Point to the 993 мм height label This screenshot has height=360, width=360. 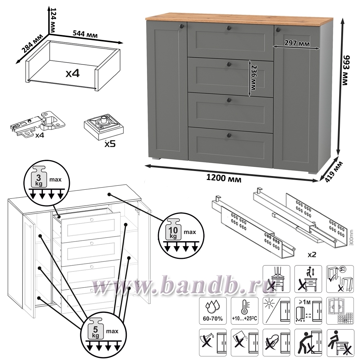345,71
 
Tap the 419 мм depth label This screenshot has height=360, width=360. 334,172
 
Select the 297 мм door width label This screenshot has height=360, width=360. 297,43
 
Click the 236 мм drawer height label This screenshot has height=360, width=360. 254,78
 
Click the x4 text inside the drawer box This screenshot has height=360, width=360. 73,73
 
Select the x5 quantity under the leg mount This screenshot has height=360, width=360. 110,144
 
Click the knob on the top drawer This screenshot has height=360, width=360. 229,28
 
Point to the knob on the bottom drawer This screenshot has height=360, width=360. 229,135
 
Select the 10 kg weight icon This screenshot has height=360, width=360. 173,229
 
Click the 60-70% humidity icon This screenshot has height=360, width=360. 213,311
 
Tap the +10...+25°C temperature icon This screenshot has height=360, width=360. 244,311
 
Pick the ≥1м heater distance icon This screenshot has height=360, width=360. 308,311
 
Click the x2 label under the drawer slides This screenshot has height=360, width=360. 312,255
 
